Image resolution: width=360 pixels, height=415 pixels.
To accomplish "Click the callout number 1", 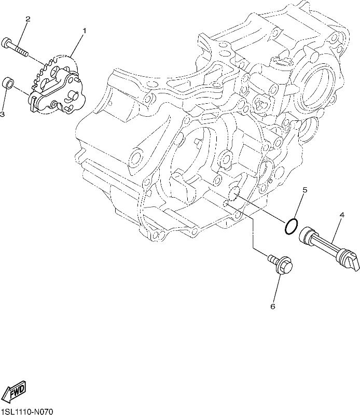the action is (85, 31).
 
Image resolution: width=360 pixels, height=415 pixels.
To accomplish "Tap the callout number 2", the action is (28, 19).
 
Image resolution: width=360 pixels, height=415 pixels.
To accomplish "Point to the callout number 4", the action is (342, 215).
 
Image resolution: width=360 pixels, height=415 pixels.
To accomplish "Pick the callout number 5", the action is (305, 190).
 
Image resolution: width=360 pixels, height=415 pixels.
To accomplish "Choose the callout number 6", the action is (273, 307).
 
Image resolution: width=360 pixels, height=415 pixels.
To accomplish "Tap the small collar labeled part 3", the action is (8, 83).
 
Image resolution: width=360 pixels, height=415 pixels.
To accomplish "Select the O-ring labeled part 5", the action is (291, 227).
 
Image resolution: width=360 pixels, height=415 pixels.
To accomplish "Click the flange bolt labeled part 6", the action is (281, 265).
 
